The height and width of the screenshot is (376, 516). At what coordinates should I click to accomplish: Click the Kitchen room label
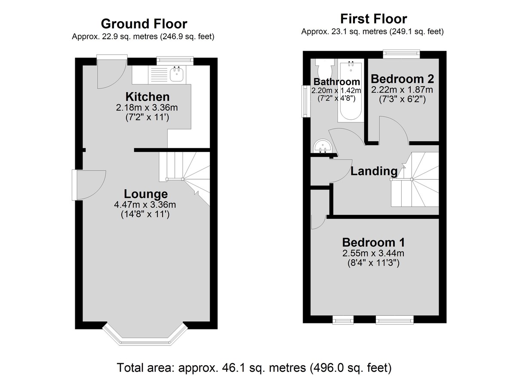(147, 97)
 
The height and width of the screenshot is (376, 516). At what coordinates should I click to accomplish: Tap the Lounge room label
(146, 194)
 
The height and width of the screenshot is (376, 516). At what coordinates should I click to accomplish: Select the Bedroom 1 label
(373, 242)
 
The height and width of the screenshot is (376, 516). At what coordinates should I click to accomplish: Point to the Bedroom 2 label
(402, 79)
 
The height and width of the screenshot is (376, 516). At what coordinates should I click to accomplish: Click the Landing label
(374, 171)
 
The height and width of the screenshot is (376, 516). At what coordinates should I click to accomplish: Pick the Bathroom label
(337, 82)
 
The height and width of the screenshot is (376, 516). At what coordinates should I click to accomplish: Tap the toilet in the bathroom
(325, 68)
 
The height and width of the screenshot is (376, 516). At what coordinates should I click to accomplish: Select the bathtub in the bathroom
(351, 90)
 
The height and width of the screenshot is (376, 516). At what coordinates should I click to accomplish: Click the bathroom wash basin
(322, 146)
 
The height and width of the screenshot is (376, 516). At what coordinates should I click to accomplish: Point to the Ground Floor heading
(144, 24)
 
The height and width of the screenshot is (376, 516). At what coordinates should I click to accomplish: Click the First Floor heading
(373, 19)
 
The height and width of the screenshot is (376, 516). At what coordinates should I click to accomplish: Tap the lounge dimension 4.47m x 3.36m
(145, 205)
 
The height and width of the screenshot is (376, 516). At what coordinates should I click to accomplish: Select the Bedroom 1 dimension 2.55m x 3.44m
(373, 253)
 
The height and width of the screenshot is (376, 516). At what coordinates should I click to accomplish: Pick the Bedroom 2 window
(402, 53)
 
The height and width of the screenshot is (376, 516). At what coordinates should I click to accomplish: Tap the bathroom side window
(306, 101)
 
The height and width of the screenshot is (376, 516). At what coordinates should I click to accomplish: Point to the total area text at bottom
(254, 368)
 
